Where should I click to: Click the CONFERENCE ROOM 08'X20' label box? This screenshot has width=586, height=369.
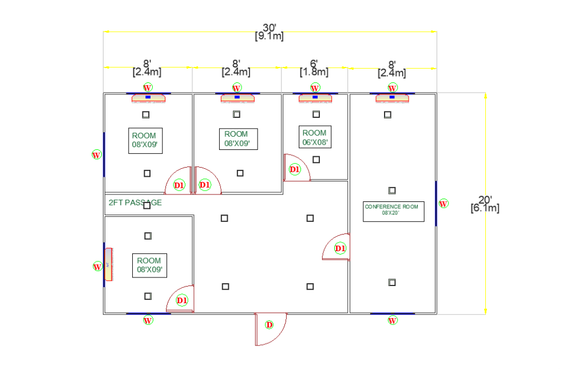[394, 211]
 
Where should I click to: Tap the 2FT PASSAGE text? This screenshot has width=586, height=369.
[135, 203]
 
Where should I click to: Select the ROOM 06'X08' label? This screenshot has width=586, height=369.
[315, 137]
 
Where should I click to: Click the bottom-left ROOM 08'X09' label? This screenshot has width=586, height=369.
[149, 265]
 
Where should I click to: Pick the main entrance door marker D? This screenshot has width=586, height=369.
[269, 325]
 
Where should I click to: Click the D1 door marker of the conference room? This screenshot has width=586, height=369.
[340, 248]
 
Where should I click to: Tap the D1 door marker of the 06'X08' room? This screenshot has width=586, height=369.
[295, 169]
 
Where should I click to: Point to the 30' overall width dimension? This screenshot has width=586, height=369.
[269, 31]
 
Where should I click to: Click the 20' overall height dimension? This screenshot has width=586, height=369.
[485, 204]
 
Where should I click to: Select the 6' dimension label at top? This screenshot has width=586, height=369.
[314, 68]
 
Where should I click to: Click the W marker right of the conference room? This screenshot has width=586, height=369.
[444, 203]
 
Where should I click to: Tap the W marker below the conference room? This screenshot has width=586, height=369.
[393, 320]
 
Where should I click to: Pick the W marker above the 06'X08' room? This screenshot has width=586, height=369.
[315, 88]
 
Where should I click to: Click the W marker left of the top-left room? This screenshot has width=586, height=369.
[96, 154]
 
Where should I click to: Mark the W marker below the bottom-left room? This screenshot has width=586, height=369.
[148, 320]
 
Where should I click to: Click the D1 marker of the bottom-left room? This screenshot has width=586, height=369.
[182, 300]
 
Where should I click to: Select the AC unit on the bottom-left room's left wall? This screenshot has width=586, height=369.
[108, 265]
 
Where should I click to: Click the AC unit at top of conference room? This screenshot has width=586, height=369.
[392, 98]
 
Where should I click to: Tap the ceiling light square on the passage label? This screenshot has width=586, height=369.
[147, 205]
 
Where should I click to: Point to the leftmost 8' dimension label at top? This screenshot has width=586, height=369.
[147, 68]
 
